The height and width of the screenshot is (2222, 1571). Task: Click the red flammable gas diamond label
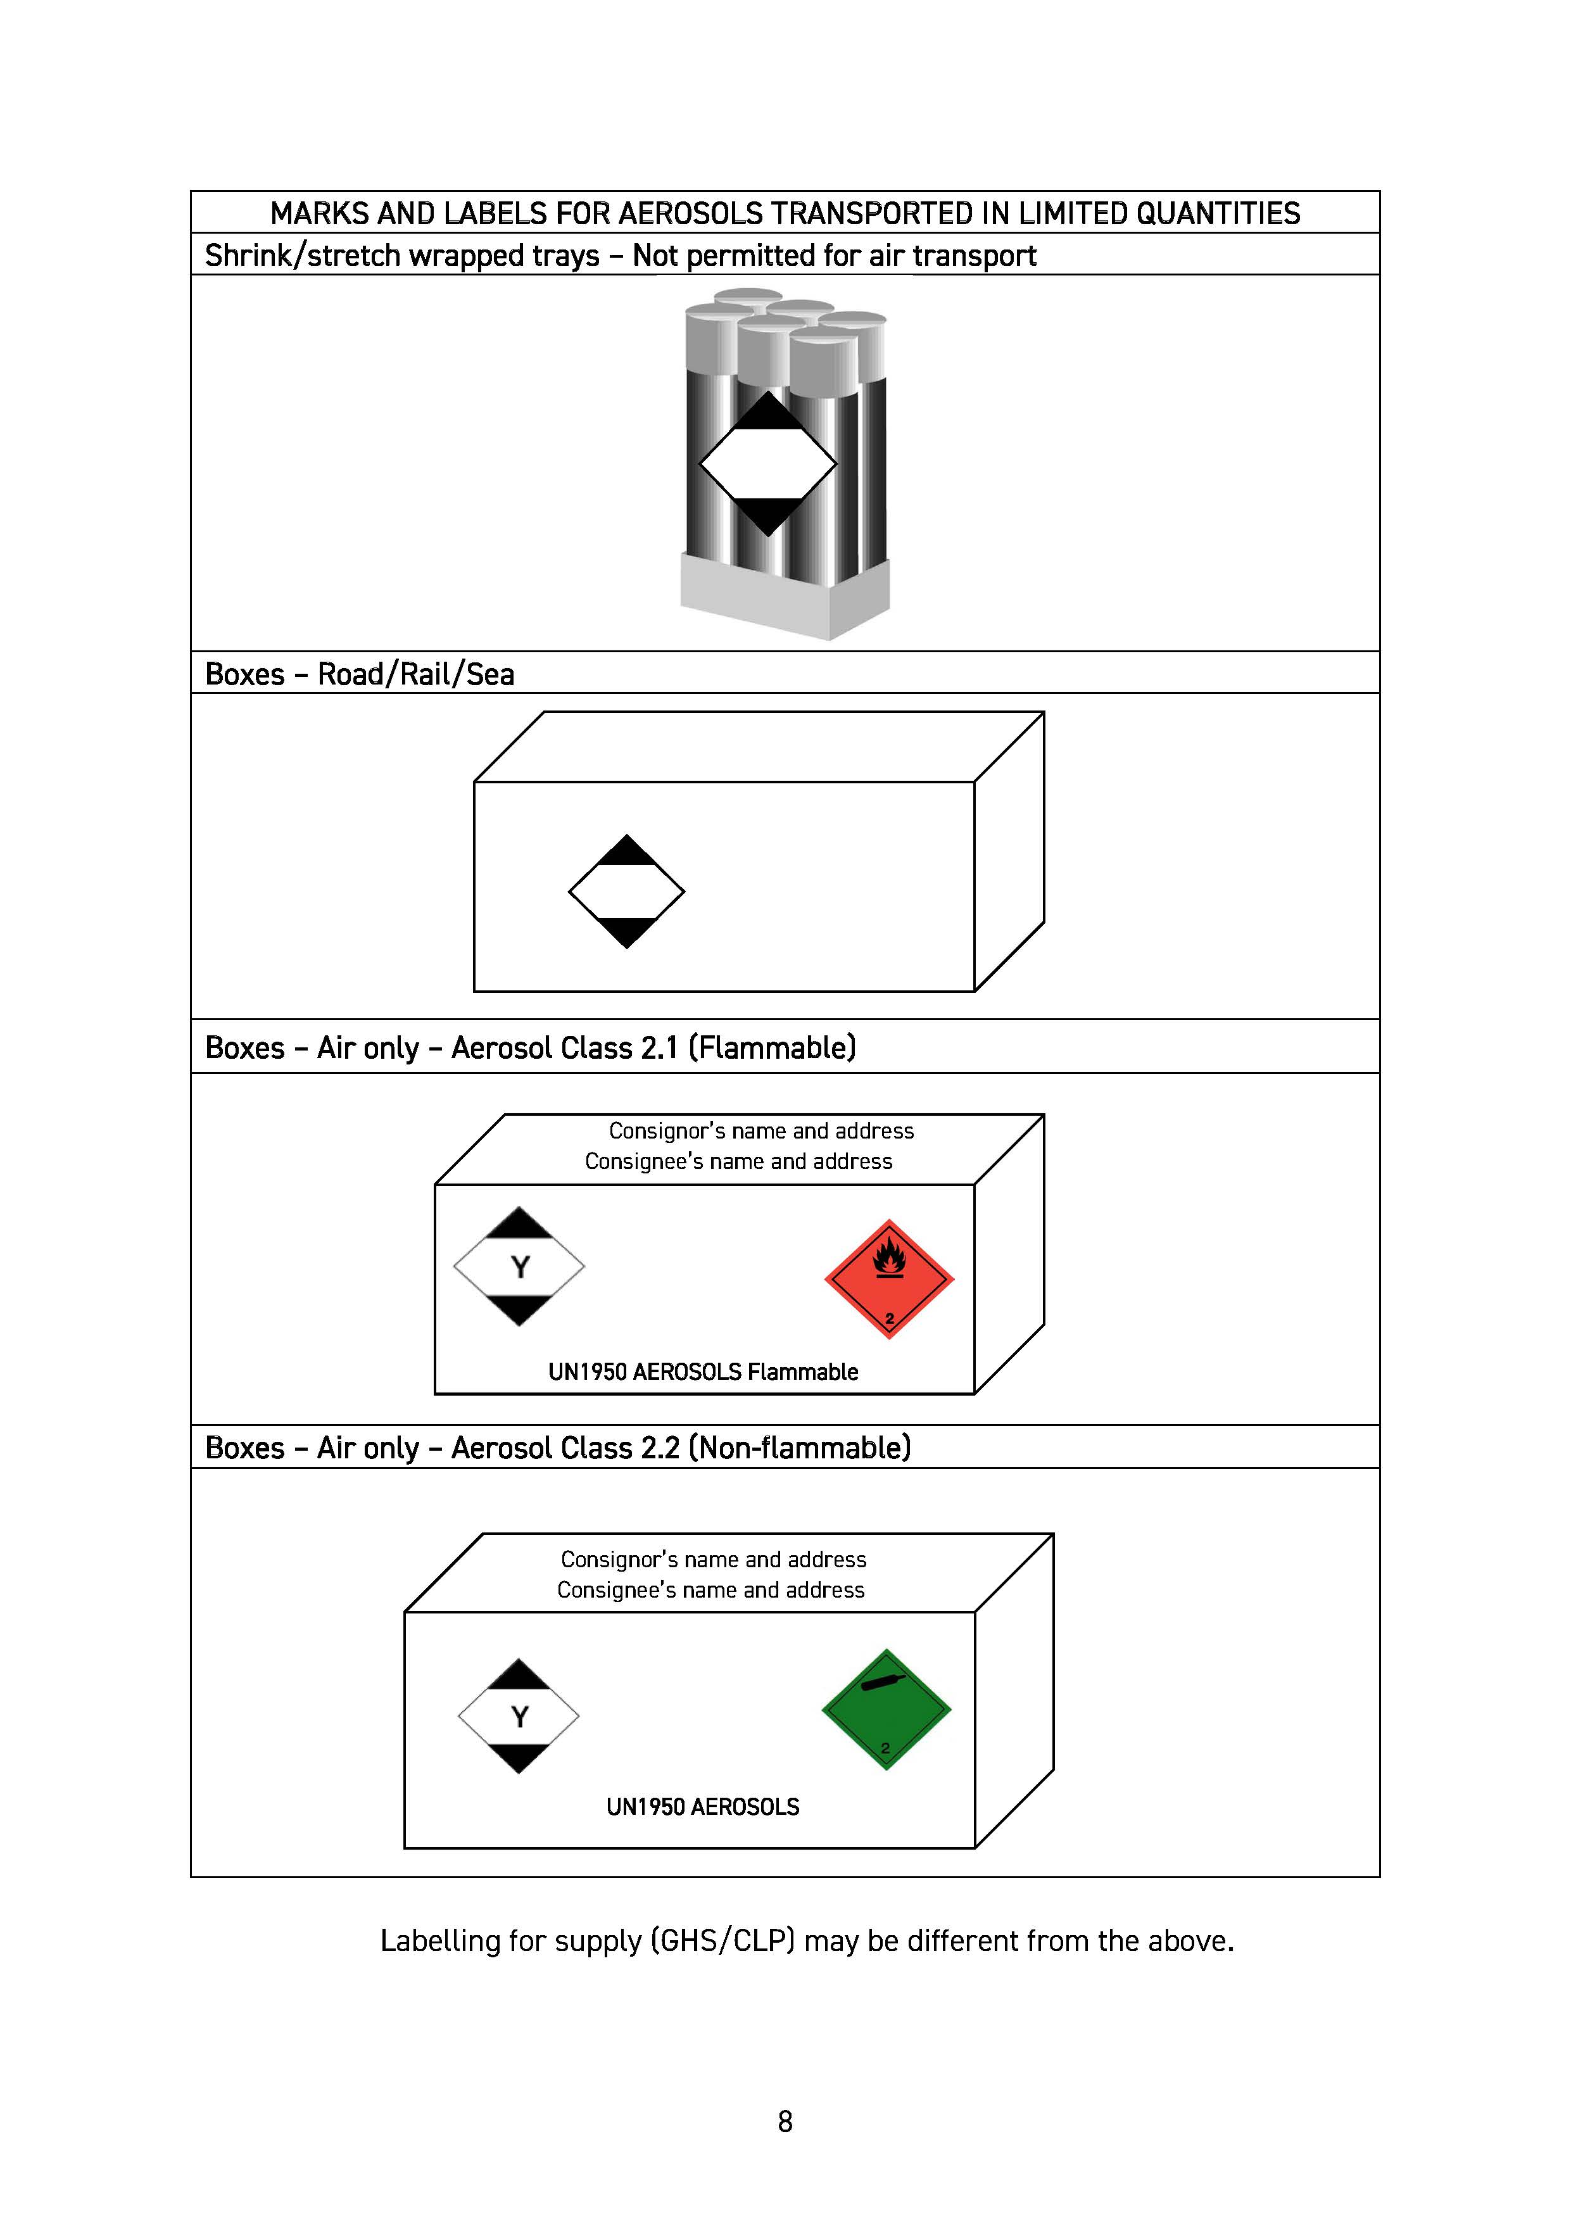pyautogui.click(x=888, y=1279)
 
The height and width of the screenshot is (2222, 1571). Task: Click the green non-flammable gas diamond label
pyautogui.click(x=886, y=1710)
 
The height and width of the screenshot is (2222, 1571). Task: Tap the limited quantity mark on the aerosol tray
pyautogui.click(x=767, y=465)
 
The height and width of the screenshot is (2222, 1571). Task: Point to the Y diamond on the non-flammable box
pyautogui.click(x=519, y=1717)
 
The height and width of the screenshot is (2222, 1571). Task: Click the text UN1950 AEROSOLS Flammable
pyautogui.click(x=703, y=1372)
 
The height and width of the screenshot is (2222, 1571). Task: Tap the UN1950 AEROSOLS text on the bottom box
pyautogui.click(x=703, y=1807)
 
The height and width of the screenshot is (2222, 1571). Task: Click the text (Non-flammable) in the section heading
pyautogui.click(x=800, y=1448)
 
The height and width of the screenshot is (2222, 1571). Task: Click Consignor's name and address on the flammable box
pyautogui.click(x=761, y=1130)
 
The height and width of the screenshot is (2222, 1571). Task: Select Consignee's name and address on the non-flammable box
pyautogui.click(x=710, y=1590)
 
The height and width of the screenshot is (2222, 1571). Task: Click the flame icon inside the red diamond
pyautogui.click(x=888, y=1258)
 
